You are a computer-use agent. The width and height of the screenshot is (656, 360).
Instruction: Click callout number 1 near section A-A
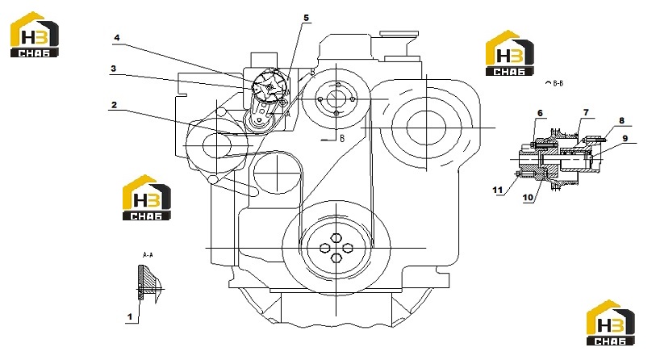click(x=130, y=317)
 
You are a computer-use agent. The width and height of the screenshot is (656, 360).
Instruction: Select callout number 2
click(x=115, y=105)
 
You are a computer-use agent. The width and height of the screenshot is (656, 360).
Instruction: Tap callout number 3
click(x=114, y=69)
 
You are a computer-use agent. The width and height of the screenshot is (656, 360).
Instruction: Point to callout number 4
click(x=117, y=37)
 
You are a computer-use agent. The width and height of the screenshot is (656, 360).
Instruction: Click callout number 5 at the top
click(x=307, y=18)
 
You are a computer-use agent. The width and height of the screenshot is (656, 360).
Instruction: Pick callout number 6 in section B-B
click(x=540, y=113)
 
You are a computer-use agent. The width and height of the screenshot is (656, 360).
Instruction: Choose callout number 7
click(x=586, y=112)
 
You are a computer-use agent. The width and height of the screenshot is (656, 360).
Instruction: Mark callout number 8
click(x=621, y=120)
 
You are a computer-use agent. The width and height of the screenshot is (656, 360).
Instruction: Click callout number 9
click(x=625, y=138)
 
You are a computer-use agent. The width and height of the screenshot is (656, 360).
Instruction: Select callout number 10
click(x=528, y=197)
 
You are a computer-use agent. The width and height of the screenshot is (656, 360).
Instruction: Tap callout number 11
click(x=497, y=190)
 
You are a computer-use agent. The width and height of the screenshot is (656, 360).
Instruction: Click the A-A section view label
click(x=148, y=254)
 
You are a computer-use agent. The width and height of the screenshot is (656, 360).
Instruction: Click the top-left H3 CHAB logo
click(x=35, y=35)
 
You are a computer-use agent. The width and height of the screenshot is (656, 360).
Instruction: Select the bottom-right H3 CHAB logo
click(x=610, y=323)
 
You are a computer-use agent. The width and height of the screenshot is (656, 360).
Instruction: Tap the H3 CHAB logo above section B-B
click(x=510, y=53)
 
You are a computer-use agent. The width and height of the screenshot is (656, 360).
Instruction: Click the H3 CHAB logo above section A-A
click(x=146, y=198)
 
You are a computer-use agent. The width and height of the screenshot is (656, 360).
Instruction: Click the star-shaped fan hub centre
click(x=269, y=87)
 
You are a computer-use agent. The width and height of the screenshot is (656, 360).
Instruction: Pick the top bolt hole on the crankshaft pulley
click(x=336, y=238)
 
